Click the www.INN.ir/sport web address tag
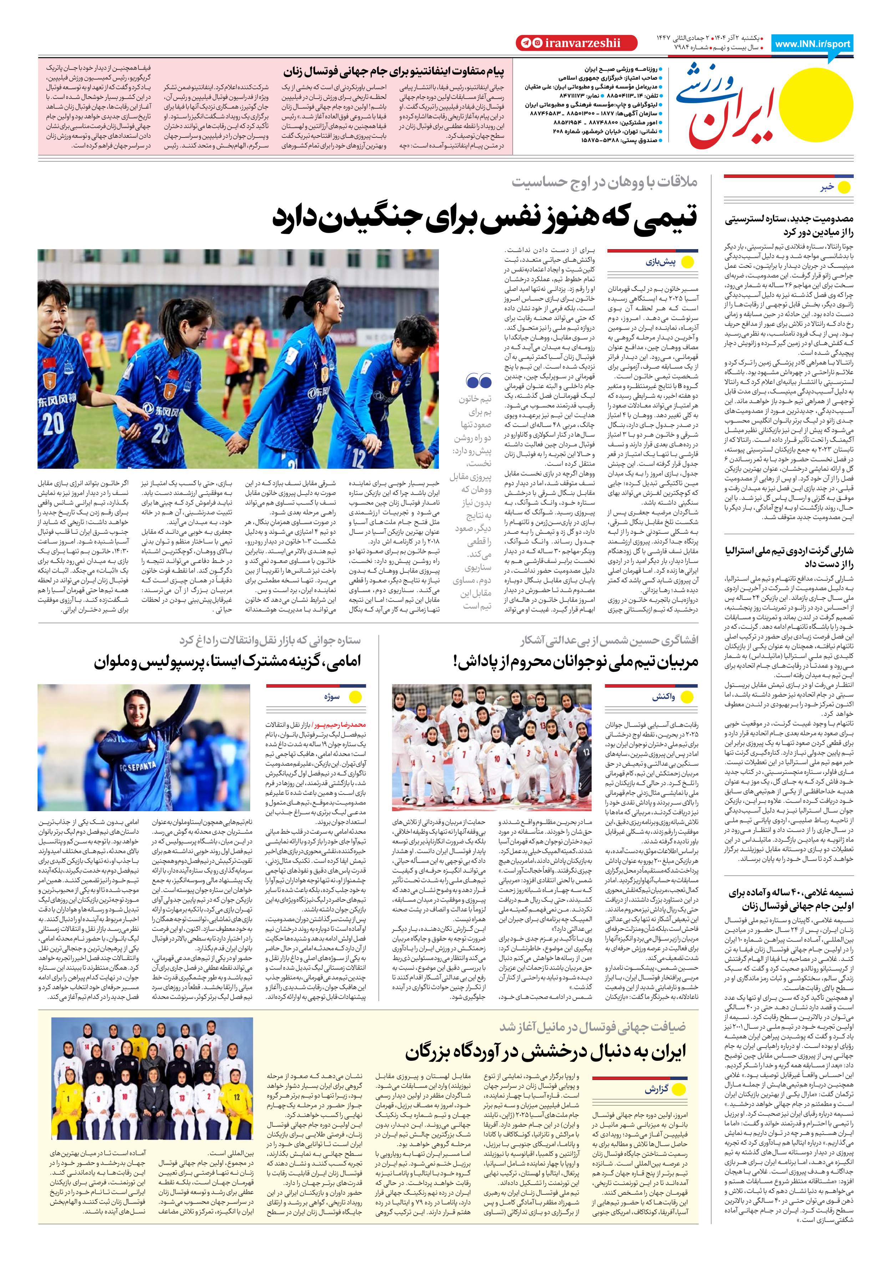click(x=812, y=44)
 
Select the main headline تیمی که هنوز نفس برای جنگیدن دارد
click(x=484, y=217)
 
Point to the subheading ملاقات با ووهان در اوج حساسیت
click(x=604, y=182)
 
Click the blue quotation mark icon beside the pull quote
click(x=478, y=382)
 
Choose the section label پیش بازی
click(x=660, y=262)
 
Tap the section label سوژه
click(x=332, y=696)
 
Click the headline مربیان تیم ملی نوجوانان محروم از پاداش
click(x=576, y=661)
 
